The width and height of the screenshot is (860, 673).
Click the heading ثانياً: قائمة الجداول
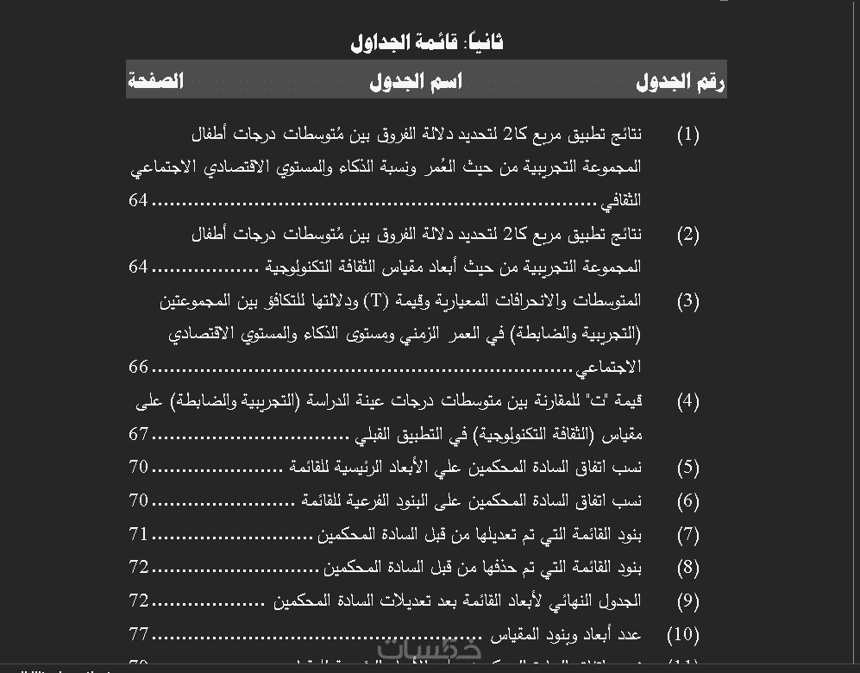coord(427,41)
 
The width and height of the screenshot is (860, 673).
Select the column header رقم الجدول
coord(680,81)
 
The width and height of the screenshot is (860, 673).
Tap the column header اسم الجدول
coord(416,81)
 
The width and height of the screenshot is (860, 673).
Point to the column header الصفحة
coord(156,81)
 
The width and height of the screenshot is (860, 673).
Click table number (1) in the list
coord(687,135)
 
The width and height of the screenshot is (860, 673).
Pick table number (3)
coord(687,301)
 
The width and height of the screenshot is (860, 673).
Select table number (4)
coord(687,401)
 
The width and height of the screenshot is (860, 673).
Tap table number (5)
coord(687,468)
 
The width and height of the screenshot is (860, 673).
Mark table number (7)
coord(687,535)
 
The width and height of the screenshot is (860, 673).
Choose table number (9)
coord(687,601)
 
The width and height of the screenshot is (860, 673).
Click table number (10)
coord(683,635)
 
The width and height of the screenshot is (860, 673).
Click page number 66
coord(138,367)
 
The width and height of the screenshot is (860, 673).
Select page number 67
coord(138,434)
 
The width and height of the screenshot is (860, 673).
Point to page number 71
coord(138,534)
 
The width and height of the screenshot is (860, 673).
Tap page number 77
coord(138,634)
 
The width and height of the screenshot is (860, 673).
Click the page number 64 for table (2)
coord(138,267)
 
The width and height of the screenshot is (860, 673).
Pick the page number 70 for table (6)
coord(138,500)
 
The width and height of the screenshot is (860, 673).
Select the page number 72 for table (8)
coord(138,567)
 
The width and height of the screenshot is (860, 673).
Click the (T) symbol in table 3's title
coord(376,300)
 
